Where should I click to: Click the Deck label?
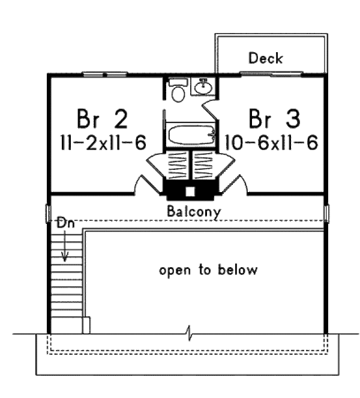tap(266, 58)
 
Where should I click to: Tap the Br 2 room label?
tap(103, 119)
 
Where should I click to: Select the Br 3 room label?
tap(274, 119)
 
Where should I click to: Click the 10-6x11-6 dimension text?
tap(271, 142)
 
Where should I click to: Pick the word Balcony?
tap(194, 211)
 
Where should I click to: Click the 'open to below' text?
tap(208, 270)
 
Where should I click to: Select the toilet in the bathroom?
tap(178, 92)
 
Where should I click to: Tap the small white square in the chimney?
tap(190, 192)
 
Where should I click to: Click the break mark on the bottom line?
tap(190, 333)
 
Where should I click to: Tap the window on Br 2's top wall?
tap(104, 74)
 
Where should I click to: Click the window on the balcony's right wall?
tap(327, 213)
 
